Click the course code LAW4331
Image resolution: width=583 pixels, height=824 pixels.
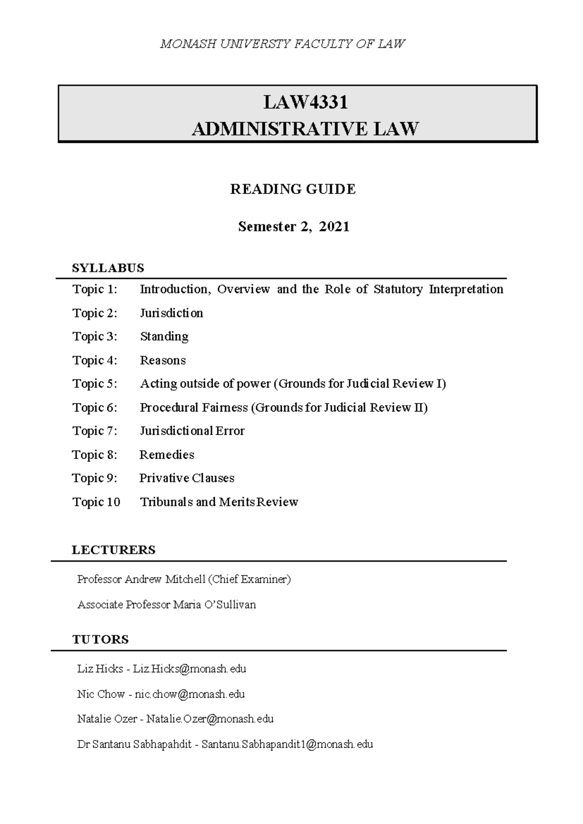(x=306, y=103)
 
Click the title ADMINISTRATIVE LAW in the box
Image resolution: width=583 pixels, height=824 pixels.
(x=306, y=129)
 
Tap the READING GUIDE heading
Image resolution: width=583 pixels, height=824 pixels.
(x=293, y=189)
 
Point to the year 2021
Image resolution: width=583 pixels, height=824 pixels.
(x=334, y=226)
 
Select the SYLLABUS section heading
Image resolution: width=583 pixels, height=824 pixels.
(x=108, y=268)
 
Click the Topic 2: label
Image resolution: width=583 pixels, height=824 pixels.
(x=95, y=313)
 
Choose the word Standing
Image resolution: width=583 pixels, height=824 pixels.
(x=164, y=336)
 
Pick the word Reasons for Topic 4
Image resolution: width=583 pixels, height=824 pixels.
(x=163, y=360)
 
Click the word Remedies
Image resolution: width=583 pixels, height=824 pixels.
(x=167, y=455)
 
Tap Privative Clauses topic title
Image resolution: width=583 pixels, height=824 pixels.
(x=187, y=478)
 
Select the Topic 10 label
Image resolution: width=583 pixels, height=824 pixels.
(x=96, y=502)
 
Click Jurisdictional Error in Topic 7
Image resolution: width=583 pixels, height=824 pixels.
(x=192, y=431)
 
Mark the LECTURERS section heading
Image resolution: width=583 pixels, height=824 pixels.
(x=114, y=549)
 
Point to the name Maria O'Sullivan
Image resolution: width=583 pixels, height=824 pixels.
(x=215, y=604)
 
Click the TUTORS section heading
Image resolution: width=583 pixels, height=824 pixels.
(x=101, y=639)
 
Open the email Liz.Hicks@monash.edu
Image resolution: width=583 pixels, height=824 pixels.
(x=189, y=669)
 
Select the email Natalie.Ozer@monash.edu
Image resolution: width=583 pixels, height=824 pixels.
(x=210, y=719)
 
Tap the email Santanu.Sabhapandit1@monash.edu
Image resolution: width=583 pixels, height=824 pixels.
(x=287, y=744)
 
